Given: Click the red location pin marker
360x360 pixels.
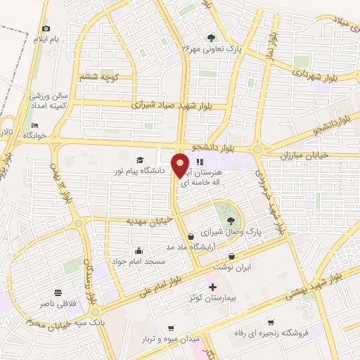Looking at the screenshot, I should pos(180,164).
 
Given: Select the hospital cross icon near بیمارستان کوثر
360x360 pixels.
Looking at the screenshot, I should pos(213,287).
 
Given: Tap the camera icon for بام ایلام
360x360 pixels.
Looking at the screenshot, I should pos(46,29).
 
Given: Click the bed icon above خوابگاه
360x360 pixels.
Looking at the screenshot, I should pos(34,125).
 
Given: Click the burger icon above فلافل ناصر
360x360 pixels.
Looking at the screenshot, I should pos(57,292).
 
